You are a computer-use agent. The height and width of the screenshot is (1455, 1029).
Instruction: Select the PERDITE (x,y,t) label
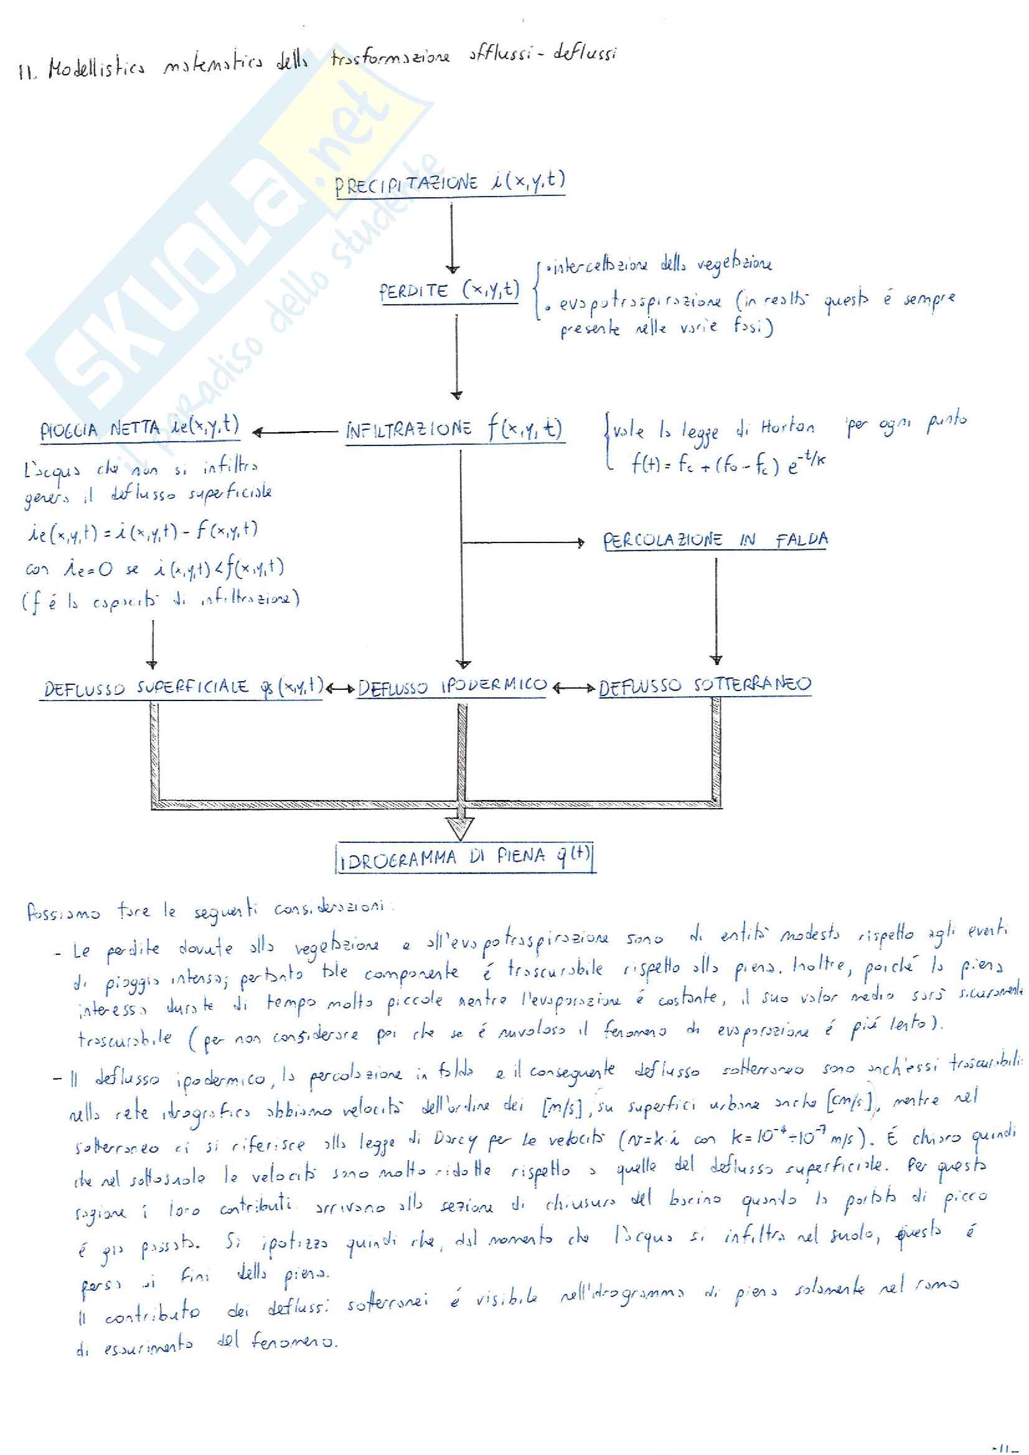tap(449, 291)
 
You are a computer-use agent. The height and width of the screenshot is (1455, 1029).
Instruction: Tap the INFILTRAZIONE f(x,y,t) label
tap(454, 430)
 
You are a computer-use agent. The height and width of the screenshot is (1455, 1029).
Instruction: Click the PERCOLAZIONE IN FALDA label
tap(715, 541)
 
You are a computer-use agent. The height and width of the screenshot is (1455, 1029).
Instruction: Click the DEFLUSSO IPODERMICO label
tap(452, 686)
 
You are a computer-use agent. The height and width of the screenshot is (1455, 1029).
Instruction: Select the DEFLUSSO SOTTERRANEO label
tap(705, 686)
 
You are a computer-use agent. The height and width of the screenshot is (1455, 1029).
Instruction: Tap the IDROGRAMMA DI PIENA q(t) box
tap(465, 857)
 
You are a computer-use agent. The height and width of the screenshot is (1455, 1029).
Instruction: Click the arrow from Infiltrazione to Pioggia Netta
tap(295, 433)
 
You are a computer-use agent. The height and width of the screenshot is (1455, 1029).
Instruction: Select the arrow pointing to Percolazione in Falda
tap(523, 542)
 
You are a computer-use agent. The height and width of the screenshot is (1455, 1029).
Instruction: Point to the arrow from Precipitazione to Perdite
tap(451, 238)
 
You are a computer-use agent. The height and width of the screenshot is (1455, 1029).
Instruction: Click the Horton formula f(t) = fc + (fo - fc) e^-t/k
tap(727, 465)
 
